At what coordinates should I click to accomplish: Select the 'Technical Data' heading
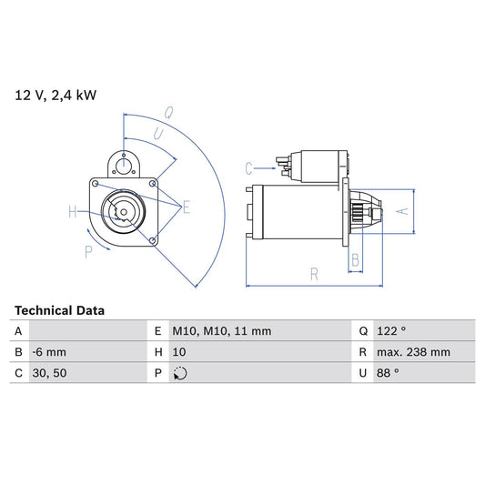tap(59, 310)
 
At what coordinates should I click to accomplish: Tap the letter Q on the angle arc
tap(168, 113)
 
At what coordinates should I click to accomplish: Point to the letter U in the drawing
tap(158, 133)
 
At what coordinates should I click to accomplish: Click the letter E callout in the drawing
tap(186, 207)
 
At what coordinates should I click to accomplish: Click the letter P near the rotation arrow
tap(89, 252)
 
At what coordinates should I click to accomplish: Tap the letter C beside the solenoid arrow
tap(248, 167)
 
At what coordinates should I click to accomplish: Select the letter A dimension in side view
tap(405, 210)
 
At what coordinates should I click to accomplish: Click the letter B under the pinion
tap(356, 259)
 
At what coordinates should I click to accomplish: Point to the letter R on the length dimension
tap(313, 272)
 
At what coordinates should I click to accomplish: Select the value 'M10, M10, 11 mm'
tap(223, 331)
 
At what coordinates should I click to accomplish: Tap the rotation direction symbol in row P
tap(180, 373)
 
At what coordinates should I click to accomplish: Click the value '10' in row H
tap(179, 352)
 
